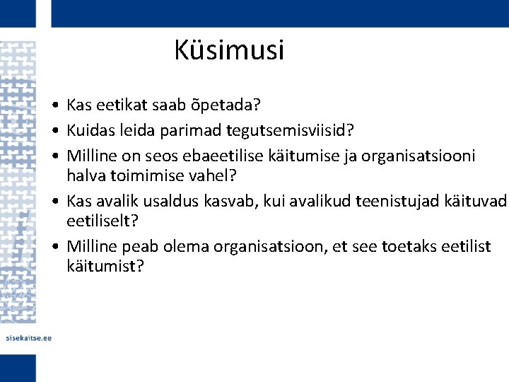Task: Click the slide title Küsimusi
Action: [228, 51]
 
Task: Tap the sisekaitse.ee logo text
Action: [29, 338]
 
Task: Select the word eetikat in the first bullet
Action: [115, 106]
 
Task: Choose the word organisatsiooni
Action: [419, 155]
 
